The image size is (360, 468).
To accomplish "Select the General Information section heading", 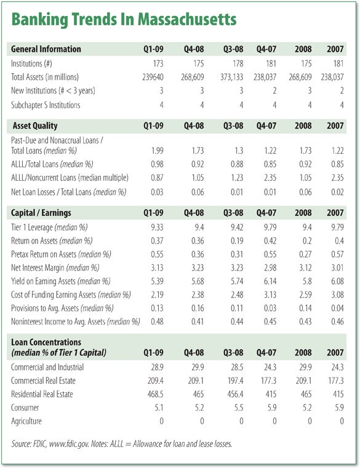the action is (x=46, y=49).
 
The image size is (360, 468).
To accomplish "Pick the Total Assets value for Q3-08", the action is (x=231, y=77).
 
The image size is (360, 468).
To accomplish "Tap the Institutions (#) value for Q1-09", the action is (x=158, y=63).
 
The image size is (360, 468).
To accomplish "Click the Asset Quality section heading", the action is (x=35, y=126).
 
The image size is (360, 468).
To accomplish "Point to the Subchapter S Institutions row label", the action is (x=46, y=105).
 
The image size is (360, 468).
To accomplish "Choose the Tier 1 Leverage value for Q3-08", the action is (x=237, y=228).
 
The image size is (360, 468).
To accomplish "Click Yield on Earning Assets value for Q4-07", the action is (x=270, y=281).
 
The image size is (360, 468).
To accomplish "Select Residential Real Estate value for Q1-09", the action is (x=155, y=394).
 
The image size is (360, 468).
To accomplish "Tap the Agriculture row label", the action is (x=26, y=421).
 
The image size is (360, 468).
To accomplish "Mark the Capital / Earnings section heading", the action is (x=41, y=213).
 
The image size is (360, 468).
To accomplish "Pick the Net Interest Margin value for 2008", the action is (x=305, y=268).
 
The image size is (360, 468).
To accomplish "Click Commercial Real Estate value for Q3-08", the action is (x=235, y=381).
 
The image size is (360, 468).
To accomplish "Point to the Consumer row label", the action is (x=25, y=407).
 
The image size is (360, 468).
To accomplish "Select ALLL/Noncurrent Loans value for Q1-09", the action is (x=157, y=178).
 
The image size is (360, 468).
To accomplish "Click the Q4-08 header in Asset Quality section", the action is (x=194, y=125).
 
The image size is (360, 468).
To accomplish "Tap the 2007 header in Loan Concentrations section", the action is (x=335, y=352).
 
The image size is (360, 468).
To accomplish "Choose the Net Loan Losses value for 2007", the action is (x=337, y=192).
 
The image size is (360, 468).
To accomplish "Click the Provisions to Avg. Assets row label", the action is (x=62, y=308).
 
